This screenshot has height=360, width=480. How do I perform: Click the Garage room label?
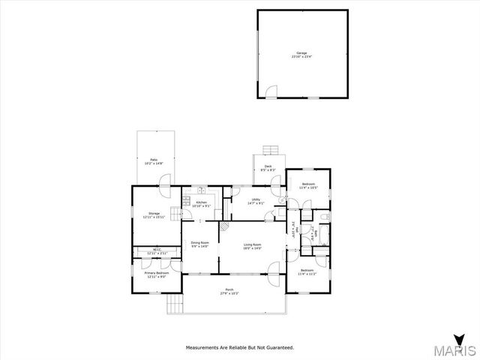point(302,54)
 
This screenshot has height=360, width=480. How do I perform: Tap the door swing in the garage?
point(272,91)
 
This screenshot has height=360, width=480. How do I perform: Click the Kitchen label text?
point(201,203)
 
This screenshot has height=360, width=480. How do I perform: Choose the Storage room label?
point(154,215)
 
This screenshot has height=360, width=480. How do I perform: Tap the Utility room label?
point(256,202)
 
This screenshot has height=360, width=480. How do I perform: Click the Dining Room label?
point(199,244)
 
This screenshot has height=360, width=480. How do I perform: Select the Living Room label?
point(252,247)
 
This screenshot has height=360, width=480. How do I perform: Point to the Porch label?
point(229,291)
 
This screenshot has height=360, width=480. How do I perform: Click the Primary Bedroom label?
point(156,274)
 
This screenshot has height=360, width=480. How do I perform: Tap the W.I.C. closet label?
point(156,251)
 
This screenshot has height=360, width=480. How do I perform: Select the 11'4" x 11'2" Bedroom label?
point(307,271)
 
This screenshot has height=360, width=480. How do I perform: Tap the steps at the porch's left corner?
point(175,303)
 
